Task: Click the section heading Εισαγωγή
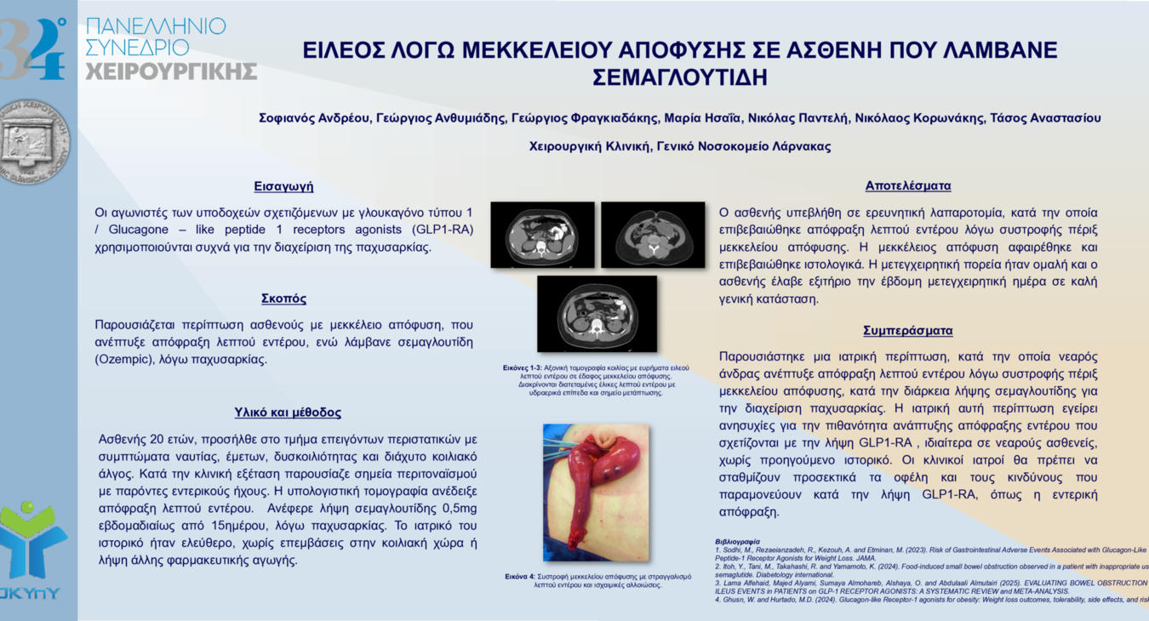click(283, 186)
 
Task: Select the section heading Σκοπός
click(283, 299)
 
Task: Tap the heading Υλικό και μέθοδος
click(288, 413)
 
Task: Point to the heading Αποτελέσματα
click(908, 185)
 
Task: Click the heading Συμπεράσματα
click(908, 330)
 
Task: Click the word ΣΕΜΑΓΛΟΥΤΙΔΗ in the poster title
click(680, 77)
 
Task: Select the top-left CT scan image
click(542, 235)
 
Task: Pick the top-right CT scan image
click(653, 235)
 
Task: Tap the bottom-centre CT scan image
click(597, 313)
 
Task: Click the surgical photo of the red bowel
click(596, 493)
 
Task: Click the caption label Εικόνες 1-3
click(522, 367)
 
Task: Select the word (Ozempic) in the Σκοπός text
click(125, 360)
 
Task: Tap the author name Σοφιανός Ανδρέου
click(314, 118)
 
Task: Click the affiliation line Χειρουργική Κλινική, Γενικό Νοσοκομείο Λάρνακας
click(680, 146)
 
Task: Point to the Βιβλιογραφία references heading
click(737, 541)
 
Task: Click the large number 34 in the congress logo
click(32, 49)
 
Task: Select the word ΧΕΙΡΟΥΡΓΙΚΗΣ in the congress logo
click(171, 71)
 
